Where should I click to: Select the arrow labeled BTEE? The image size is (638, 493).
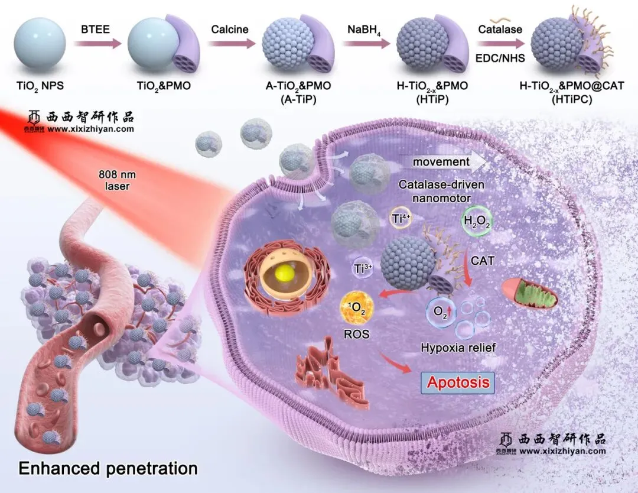coord(96,43)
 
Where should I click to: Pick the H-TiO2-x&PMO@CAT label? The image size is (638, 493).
coord(571,86)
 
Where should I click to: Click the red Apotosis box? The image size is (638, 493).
coord(458,382)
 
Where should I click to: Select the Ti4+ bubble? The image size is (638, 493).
coord(402,219)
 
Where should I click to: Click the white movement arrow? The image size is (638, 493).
coord(443,161)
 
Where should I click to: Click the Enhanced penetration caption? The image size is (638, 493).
coord(108,469)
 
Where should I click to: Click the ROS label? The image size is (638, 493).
coord(357,335)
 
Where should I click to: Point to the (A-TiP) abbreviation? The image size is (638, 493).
coord(298,99)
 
